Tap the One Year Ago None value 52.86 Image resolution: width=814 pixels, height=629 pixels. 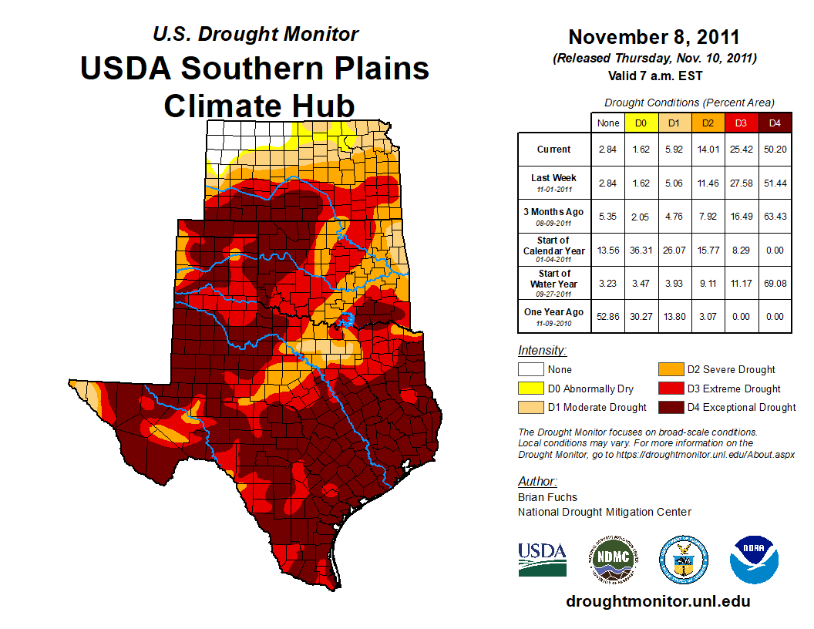point(608,315)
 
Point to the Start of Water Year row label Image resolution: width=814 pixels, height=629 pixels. point(554,279)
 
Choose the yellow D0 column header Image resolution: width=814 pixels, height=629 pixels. point(641,122)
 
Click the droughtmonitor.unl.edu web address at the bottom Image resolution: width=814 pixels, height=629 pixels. point(658,601)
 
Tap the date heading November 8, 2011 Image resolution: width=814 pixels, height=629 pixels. point(654,38)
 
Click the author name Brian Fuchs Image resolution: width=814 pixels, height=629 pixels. point(547,497)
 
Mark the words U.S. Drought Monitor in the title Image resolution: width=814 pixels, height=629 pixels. point(255,34)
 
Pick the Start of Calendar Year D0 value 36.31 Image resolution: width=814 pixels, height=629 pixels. point(641,249)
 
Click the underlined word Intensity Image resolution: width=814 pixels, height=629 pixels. point(542,351)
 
